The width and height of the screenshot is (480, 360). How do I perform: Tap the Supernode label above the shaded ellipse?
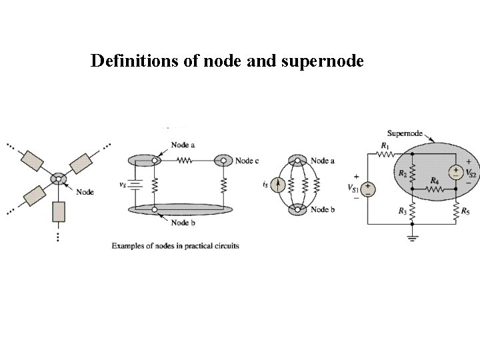404,133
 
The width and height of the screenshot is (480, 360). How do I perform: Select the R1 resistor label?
385,145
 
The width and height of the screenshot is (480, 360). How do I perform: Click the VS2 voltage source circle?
455,172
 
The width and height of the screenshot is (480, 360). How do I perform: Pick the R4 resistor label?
434,181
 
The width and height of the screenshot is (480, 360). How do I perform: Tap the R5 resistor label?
465,212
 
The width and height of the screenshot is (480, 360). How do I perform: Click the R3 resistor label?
401,211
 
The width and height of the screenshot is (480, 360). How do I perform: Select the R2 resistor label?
402,173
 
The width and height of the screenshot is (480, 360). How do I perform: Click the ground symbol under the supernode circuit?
413,237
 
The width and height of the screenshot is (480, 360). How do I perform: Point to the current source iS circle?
281,185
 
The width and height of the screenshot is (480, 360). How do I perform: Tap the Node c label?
247,161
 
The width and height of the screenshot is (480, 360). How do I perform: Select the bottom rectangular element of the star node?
59,212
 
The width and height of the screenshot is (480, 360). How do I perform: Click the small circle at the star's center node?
59,179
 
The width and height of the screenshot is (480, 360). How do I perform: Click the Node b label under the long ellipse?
183,223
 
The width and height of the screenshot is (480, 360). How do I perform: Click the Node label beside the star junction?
85,192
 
